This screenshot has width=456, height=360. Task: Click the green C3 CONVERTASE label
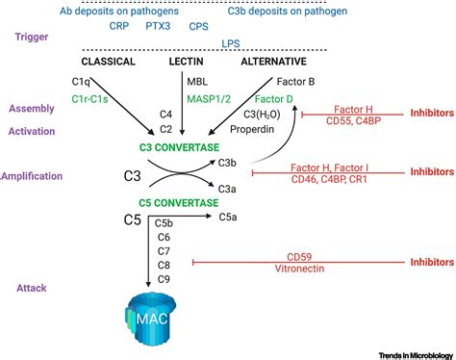[184, 148]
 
